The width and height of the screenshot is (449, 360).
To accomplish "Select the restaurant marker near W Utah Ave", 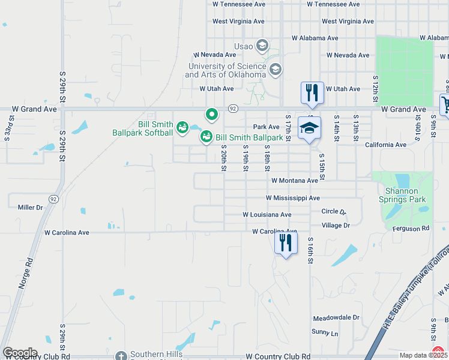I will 312,92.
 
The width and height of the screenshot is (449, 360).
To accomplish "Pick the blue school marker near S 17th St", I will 309,127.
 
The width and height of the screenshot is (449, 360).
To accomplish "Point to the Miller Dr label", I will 31,208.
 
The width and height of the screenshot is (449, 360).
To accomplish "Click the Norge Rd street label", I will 25,275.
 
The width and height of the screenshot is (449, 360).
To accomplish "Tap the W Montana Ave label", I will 294,181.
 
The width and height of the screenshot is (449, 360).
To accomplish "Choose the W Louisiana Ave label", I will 267,215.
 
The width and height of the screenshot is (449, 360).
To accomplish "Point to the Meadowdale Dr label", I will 335,318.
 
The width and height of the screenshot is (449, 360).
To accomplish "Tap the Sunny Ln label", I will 325,332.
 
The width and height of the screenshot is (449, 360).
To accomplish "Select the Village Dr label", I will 336,226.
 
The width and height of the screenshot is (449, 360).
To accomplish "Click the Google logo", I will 20,353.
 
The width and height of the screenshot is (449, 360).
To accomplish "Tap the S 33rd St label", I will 8,133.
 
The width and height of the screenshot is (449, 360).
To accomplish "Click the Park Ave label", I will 267,127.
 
